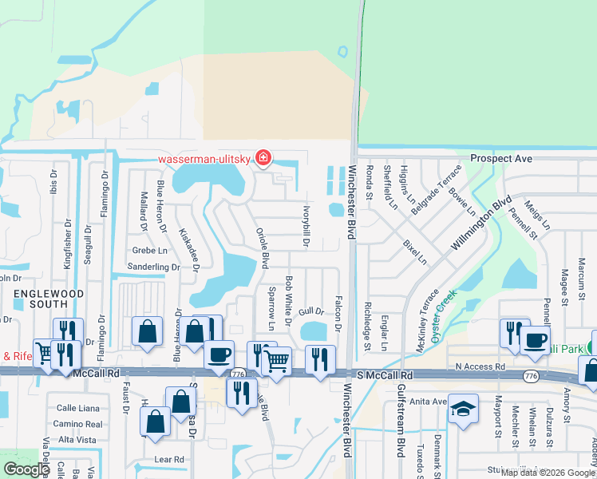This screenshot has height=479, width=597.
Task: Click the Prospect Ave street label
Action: tap(500, 159)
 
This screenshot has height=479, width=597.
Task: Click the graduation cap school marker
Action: tap(462, 409)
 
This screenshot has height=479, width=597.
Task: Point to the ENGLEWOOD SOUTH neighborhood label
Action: tap(48, 300)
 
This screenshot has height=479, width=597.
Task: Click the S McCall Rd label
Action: tap(386, 374)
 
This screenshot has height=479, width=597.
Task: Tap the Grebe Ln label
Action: tap(150, 250)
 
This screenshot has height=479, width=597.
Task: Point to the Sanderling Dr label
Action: tap(153, 267)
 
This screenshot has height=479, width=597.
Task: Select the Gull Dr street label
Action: tap(311, 311)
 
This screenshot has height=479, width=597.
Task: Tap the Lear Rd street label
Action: tap(169, 459)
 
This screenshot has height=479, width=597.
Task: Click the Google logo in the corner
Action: tap(26, 469)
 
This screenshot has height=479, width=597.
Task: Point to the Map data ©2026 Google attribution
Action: tap(548, 473)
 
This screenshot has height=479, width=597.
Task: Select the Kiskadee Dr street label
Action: tap(188, 249)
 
